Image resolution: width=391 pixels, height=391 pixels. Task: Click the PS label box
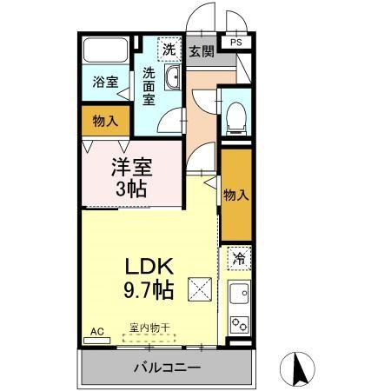(236, 40)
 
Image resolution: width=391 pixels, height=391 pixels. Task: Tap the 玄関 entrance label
(202, 51)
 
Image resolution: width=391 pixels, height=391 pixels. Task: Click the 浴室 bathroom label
(105, 83)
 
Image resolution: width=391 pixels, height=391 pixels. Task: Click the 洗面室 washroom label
(151, 86)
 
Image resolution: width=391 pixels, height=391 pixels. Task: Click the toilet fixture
(235, 118)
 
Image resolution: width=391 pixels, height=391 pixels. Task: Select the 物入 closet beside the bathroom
(105, 121)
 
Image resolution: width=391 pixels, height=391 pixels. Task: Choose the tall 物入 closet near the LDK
(235, 195)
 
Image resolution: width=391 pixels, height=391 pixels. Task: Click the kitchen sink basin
(239, 294)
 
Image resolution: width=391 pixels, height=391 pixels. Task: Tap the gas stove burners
(238, 324)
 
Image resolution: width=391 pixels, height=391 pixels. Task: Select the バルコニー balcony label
(167, 368)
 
